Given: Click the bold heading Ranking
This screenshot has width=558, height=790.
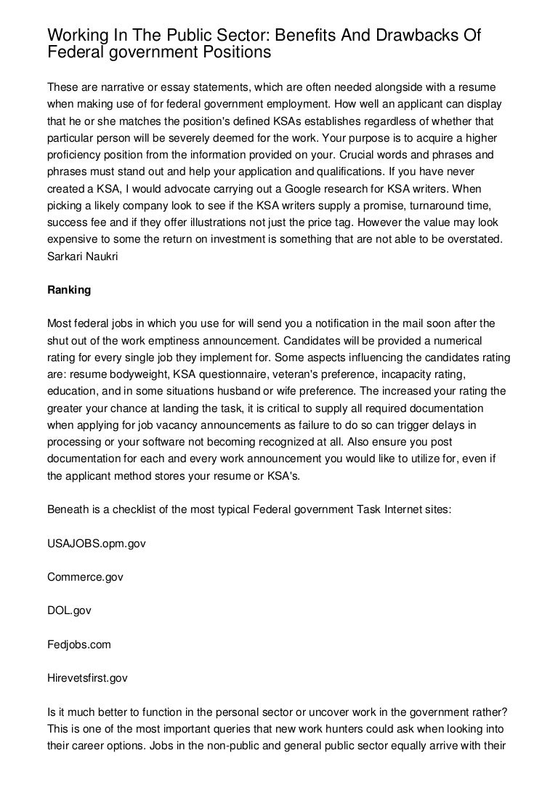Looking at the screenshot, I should point(69,290).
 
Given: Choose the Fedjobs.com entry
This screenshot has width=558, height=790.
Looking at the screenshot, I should point(79,644).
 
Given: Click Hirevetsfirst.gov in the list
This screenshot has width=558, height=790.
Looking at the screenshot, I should point(87,677).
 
